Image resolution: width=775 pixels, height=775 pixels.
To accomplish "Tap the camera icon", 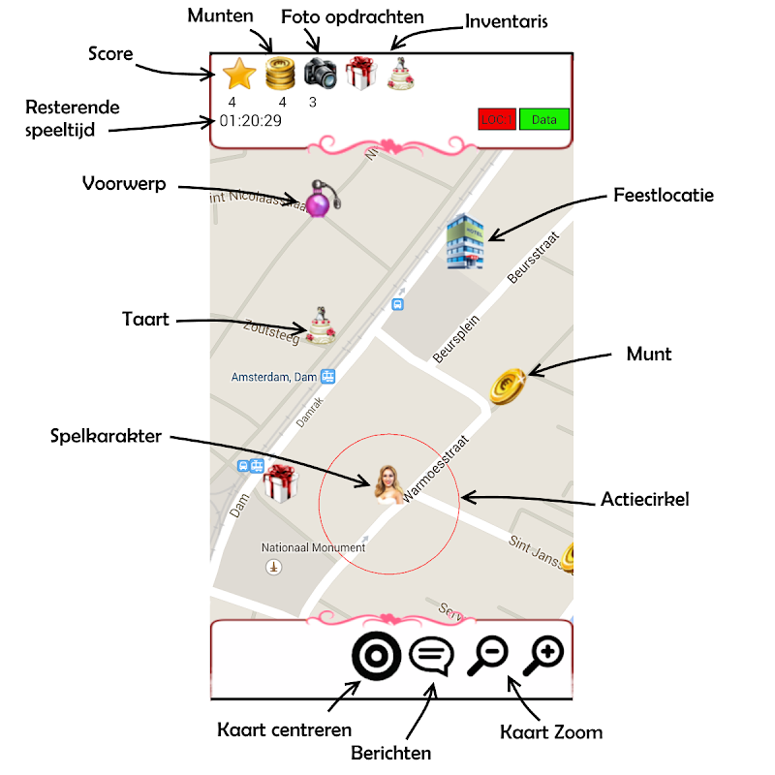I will coord(320,74).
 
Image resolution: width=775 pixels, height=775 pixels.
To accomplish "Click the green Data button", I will coord(543,120).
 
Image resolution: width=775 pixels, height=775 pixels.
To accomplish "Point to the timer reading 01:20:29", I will coord(251,121).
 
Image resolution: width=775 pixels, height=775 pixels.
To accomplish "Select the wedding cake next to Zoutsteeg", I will coord(322,325).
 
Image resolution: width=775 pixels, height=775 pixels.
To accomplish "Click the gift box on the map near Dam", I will coord(279,482).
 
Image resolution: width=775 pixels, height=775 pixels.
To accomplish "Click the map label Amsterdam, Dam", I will coord(276,376).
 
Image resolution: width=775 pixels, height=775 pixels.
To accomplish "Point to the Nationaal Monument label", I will coord(313,547).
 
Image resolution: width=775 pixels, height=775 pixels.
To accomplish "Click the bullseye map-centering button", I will coord(377,656).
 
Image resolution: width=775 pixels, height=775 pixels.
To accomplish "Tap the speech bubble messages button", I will coord(431,657).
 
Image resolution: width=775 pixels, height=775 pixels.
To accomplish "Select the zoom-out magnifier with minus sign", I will coord(487,657).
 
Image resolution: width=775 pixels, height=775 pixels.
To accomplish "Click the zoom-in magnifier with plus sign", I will coord(543,657).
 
